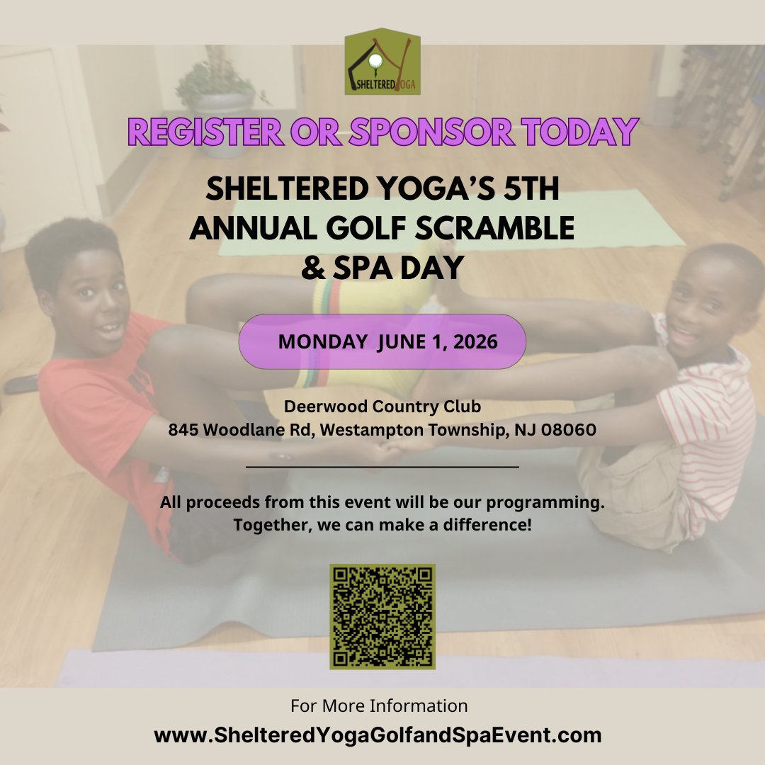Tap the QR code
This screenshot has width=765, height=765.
(x=382, y=616)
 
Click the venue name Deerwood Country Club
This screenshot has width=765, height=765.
(x=382, y=407)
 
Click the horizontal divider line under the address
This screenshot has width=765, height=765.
(x=382, y=467)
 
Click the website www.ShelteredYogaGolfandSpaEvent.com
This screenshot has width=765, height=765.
(x=378, y=735)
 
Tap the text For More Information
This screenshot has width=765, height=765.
(x=379, y=705)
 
